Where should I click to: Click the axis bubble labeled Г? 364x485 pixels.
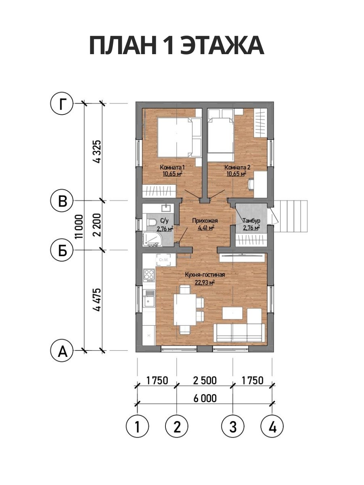point(62,103)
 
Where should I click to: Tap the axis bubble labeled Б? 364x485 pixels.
point(62,250)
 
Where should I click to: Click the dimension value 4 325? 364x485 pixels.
point(97,152)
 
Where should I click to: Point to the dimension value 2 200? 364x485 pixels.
point(97,225)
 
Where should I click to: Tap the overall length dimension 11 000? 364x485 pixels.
point(79,226)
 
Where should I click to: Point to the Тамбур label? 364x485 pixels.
point(251,221)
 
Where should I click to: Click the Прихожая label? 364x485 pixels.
point(205,221)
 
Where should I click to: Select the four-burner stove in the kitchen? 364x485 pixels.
point(149,275)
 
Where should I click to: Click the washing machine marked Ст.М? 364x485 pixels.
point(163,259)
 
